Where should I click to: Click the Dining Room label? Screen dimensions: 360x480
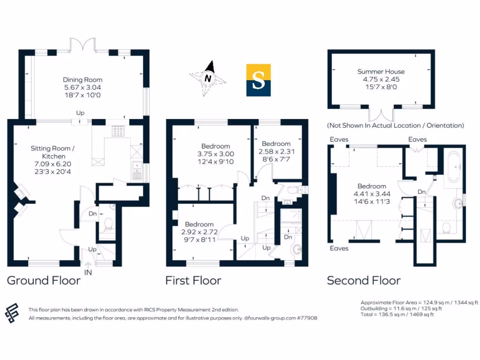click(x=82, y=80)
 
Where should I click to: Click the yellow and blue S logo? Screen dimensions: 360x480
click(x=258, y=80)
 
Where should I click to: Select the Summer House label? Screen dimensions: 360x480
click(x=381, y=72)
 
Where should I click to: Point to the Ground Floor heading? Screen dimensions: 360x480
click(x=43, y=281)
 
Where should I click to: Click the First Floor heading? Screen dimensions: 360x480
click(x=193, y=281)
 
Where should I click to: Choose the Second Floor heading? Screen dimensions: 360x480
click(x=363, y=281)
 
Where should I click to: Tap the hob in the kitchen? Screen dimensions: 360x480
click(x=118, y=131)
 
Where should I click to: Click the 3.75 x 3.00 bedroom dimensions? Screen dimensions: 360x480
click(x=215, y=154)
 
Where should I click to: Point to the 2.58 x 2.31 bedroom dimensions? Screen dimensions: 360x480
click(x=276, y=151)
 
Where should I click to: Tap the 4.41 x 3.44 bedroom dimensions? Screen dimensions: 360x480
click(x=372, y=194)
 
